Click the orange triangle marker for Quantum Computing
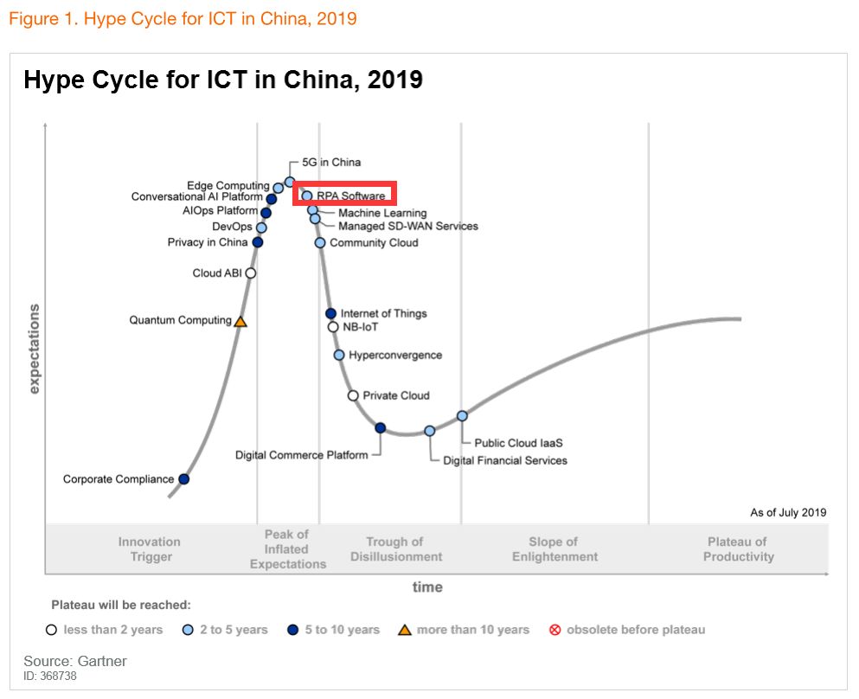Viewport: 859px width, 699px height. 240,321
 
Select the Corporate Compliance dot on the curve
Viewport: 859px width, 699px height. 183,478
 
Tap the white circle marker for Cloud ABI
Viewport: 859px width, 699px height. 251,273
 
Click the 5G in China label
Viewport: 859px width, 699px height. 331,163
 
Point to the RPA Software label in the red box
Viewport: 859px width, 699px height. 350,196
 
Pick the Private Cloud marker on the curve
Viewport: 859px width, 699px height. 353,395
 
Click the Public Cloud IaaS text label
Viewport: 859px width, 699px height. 518,444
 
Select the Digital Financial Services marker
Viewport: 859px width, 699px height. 429,431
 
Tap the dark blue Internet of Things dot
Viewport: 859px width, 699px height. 330,313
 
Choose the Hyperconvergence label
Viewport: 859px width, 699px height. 394,356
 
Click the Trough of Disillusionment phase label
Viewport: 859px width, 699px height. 396,549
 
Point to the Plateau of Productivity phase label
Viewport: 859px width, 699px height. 738,549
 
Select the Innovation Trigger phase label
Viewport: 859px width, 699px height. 150,549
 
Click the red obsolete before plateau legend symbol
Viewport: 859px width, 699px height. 555,630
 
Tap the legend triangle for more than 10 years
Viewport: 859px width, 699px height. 404,630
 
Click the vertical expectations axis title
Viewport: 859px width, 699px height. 35,349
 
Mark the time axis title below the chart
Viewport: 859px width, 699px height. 427,587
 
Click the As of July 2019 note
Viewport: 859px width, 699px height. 788,513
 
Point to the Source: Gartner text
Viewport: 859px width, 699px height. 75,662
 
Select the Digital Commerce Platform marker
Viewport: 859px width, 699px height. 380,427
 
